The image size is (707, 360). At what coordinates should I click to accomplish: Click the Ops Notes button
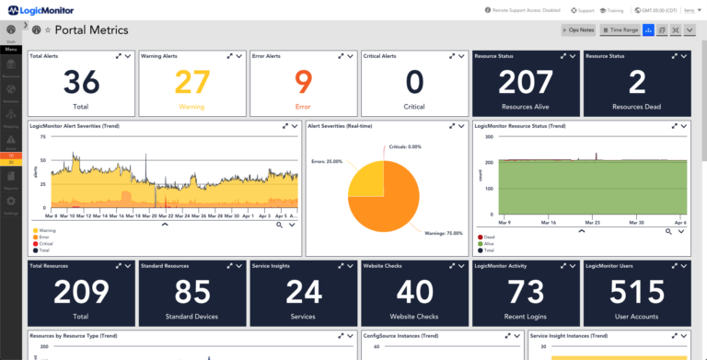pyautogui.click(x=579, y=30)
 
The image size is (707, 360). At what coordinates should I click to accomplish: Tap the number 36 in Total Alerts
pyautogui.click(x=81, y=83)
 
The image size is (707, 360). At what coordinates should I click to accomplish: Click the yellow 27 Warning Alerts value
pyautogui.click(x=191, y=83)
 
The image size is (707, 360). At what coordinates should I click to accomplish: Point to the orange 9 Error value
pyautogui.click(x=303, y=83)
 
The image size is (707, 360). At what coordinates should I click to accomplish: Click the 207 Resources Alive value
pyautogui.click(x=526, y=83)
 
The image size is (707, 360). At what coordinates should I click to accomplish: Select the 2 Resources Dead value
pyautogui.click(x=637, y=83)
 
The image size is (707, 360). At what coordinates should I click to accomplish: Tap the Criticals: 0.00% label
pyautogui.click(x=405, y=146)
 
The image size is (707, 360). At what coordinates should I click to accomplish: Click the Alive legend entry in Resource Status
pyautogui.click(x=489, y=243)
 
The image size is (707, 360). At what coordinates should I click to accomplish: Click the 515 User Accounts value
pyautogui.click(x=637, y=293)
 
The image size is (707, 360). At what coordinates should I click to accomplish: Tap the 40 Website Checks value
pyautogui.click(x=414, y=293)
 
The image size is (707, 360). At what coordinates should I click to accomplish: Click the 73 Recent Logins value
pyautogui.click(x=526, y=293)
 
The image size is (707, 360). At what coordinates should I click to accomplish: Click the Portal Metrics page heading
pyautogui.click(x=92, y=30)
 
